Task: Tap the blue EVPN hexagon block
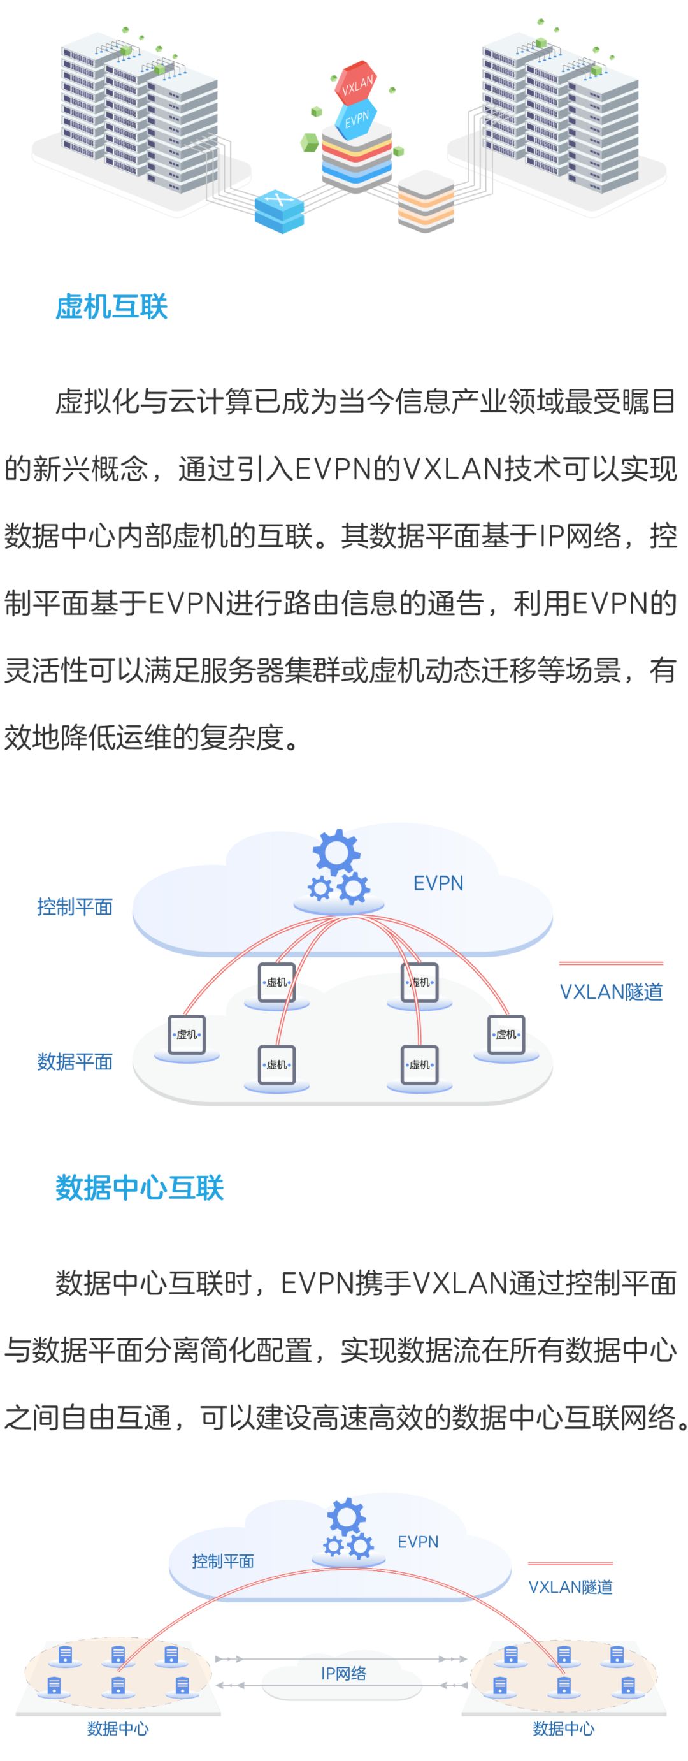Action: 355,120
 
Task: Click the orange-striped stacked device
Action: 426,203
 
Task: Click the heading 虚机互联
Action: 111,307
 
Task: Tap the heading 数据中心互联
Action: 140,1187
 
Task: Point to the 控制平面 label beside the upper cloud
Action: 75,906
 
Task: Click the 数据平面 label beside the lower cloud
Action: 75,1061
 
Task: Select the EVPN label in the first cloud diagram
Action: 438,883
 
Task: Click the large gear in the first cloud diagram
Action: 336,852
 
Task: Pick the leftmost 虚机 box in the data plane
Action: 187,1034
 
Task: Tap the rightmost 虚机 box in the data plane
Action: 506,1034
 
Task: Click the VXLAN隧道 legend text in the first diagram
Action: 611,991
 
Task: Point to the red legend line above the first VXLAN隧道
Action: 611,963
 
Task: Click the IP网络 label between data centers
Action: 343,1673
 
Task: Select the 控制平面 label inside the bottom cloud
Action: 223,1561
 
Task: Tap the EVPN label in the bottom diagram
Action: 418,1542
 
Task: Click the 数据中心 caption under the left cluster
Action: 117,1728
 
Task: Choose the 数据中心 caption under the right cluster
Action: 563,1728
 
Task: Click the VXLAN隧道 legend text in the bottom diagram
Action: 571,1586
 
